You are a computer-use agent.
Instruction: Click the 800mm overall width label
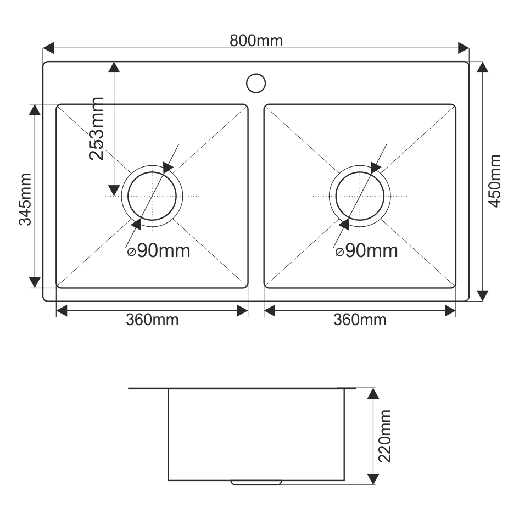click(256, 41)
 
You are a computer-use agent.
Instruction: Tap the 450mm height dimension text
click(495, 181)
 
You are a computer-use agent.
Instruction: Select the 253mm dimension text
click(97, 129)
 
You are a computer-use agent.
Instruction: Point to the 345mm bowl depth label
click(25, 199)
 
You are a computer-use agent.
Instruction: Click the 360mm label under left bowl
click(152, 320)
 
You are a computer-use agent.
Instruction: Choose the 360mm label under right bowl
click(360, 320)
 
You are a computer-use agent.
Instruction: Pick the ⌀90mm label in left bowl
click(159, 250)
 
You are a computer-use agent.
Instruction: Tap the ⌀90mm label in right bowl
click(366, 250)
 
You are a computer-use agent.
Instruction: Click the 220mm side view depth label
click(384, 436)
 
